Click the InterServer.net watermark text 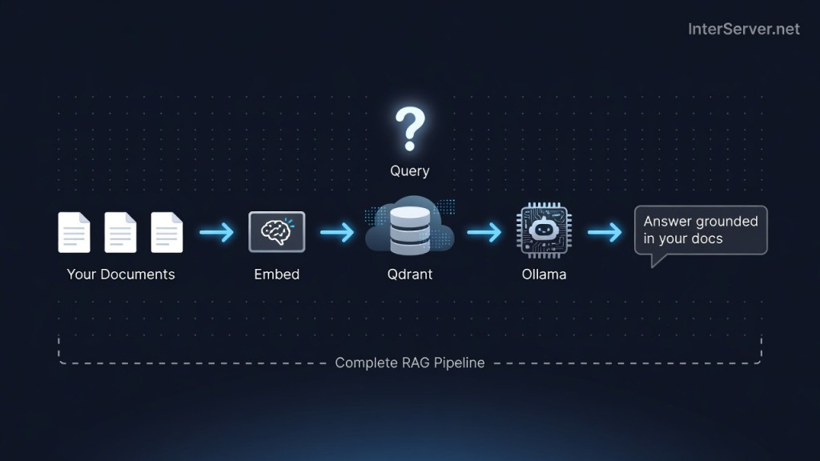click(x=744, y=30)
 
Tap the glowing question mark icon click(x=410, y=129)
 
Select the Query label click(x=410, y=171)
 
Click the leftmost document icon click(x=74, y=232)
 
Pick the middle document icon click(x=120, y=232)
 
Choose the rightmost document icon click(x=167, y=232)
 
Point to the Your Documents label click(x=121, y=275)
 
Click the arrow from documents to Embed click(x=216, y=232)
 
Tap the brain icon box click(x=276, y=231)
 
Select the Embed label click(x=276, y=275)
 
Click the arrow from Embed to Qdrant click(x=337, y=232)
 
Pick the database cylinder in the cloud click(x=410, y=230)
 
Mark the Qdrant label click(x=410, y=275)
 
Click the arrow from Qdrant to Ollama click(x=484, y=232)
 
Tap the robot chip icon click(x=544, y=230)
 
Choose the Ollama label click(x=544, y=275)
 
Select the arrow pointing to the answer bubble click(x=605, y=232)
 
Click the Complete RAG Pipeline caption click(x=410, y=363)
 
